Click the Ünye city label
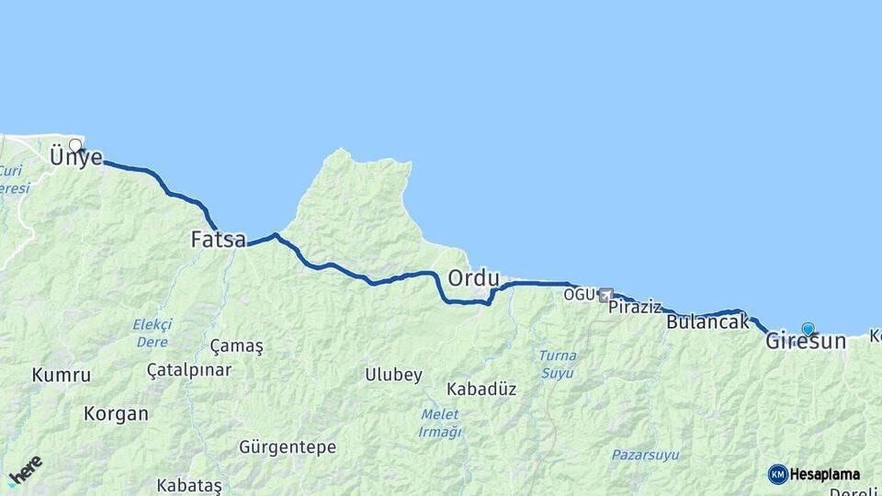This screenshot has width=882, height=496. tap(76, 157)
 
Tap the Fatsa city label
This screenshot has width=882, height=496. tap(219, 240)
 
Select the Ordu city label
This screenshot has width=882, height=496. tap(473, 277)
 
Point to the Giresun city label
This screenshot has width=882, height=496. tap(805, 342)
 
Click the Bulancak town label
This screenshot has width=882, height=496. tap(707, 322)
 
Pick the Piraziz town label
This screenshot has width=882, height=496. tap(635, 307)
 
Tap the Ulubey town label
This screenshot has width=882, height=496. tap(393, 375)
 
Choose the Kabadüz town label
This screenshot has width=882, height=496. tap(481, 389)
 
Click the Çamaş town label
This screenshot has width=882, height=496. tap(236, 346)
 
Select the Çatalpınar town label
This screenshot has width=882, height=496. tap(189, 370)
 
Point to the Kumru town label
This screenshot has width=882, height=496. tap(62, 375)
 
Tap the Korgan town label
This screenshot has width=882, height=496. tap(116, 413)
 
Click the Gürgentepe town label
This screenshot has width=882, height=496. tap(288, 447)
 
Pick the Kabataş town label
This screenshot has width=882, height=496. tap(189, 485)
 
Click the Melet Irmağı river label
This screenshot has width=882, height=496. tap(438, 423)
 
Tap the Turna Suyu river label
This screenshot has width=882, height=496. tap(558, 364)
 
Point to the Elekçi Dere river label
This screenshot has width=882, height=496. tap(152, 333)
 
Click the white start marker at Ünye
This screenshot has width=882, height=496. tap(75, 145)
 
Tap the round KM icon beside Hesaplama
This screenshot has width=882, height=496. tap(777, 474)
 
